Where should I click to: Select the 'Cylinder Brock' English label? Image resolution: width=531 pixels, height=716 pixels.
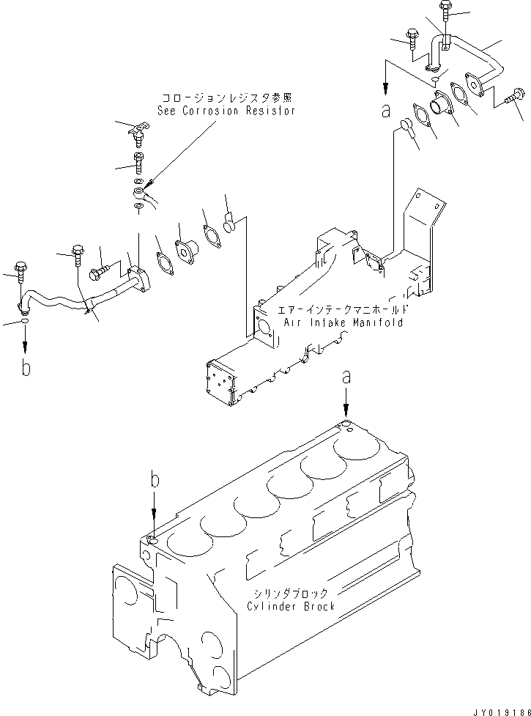[292, 606]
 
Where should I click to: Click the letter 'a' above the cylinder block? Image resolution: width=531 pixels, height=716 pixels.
[347, 377]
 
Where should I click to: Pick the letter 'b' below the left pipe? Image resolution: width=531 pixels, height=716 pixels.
[26, 369]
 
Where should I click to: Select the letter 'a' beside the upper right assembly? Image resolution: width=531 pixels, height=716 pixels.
[383, 112]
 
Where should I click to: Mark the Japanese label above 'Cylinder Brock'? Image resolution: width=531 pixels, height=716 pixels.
[292, 593]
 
